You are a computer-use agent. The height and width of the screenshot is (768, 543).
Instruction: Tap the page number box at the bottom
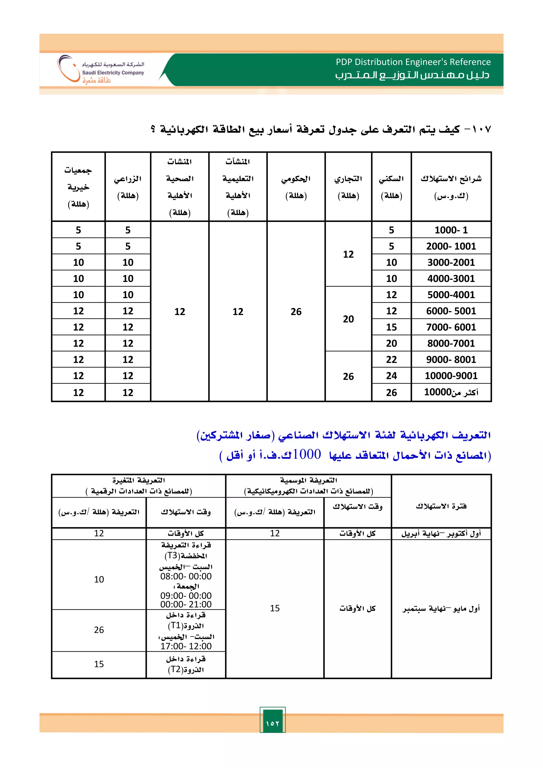[x=273, y=723]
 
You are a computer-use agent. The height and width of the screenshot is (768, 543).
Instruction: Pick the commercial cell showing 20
[x=348, y=319]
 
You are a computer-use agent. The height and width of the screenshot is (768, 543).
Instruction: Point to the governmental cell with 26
[x=296, y=312]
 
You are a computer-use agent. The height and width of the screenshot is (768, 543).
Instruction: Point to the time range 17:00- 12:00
[x=186, y=646]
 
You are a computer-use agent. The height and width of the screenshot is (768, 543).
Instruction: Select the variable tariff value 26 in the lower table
[x=99, y=630]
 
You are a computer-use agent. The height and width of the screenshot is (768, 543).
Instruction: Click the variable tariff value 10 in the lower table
[x=99, y=579]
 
